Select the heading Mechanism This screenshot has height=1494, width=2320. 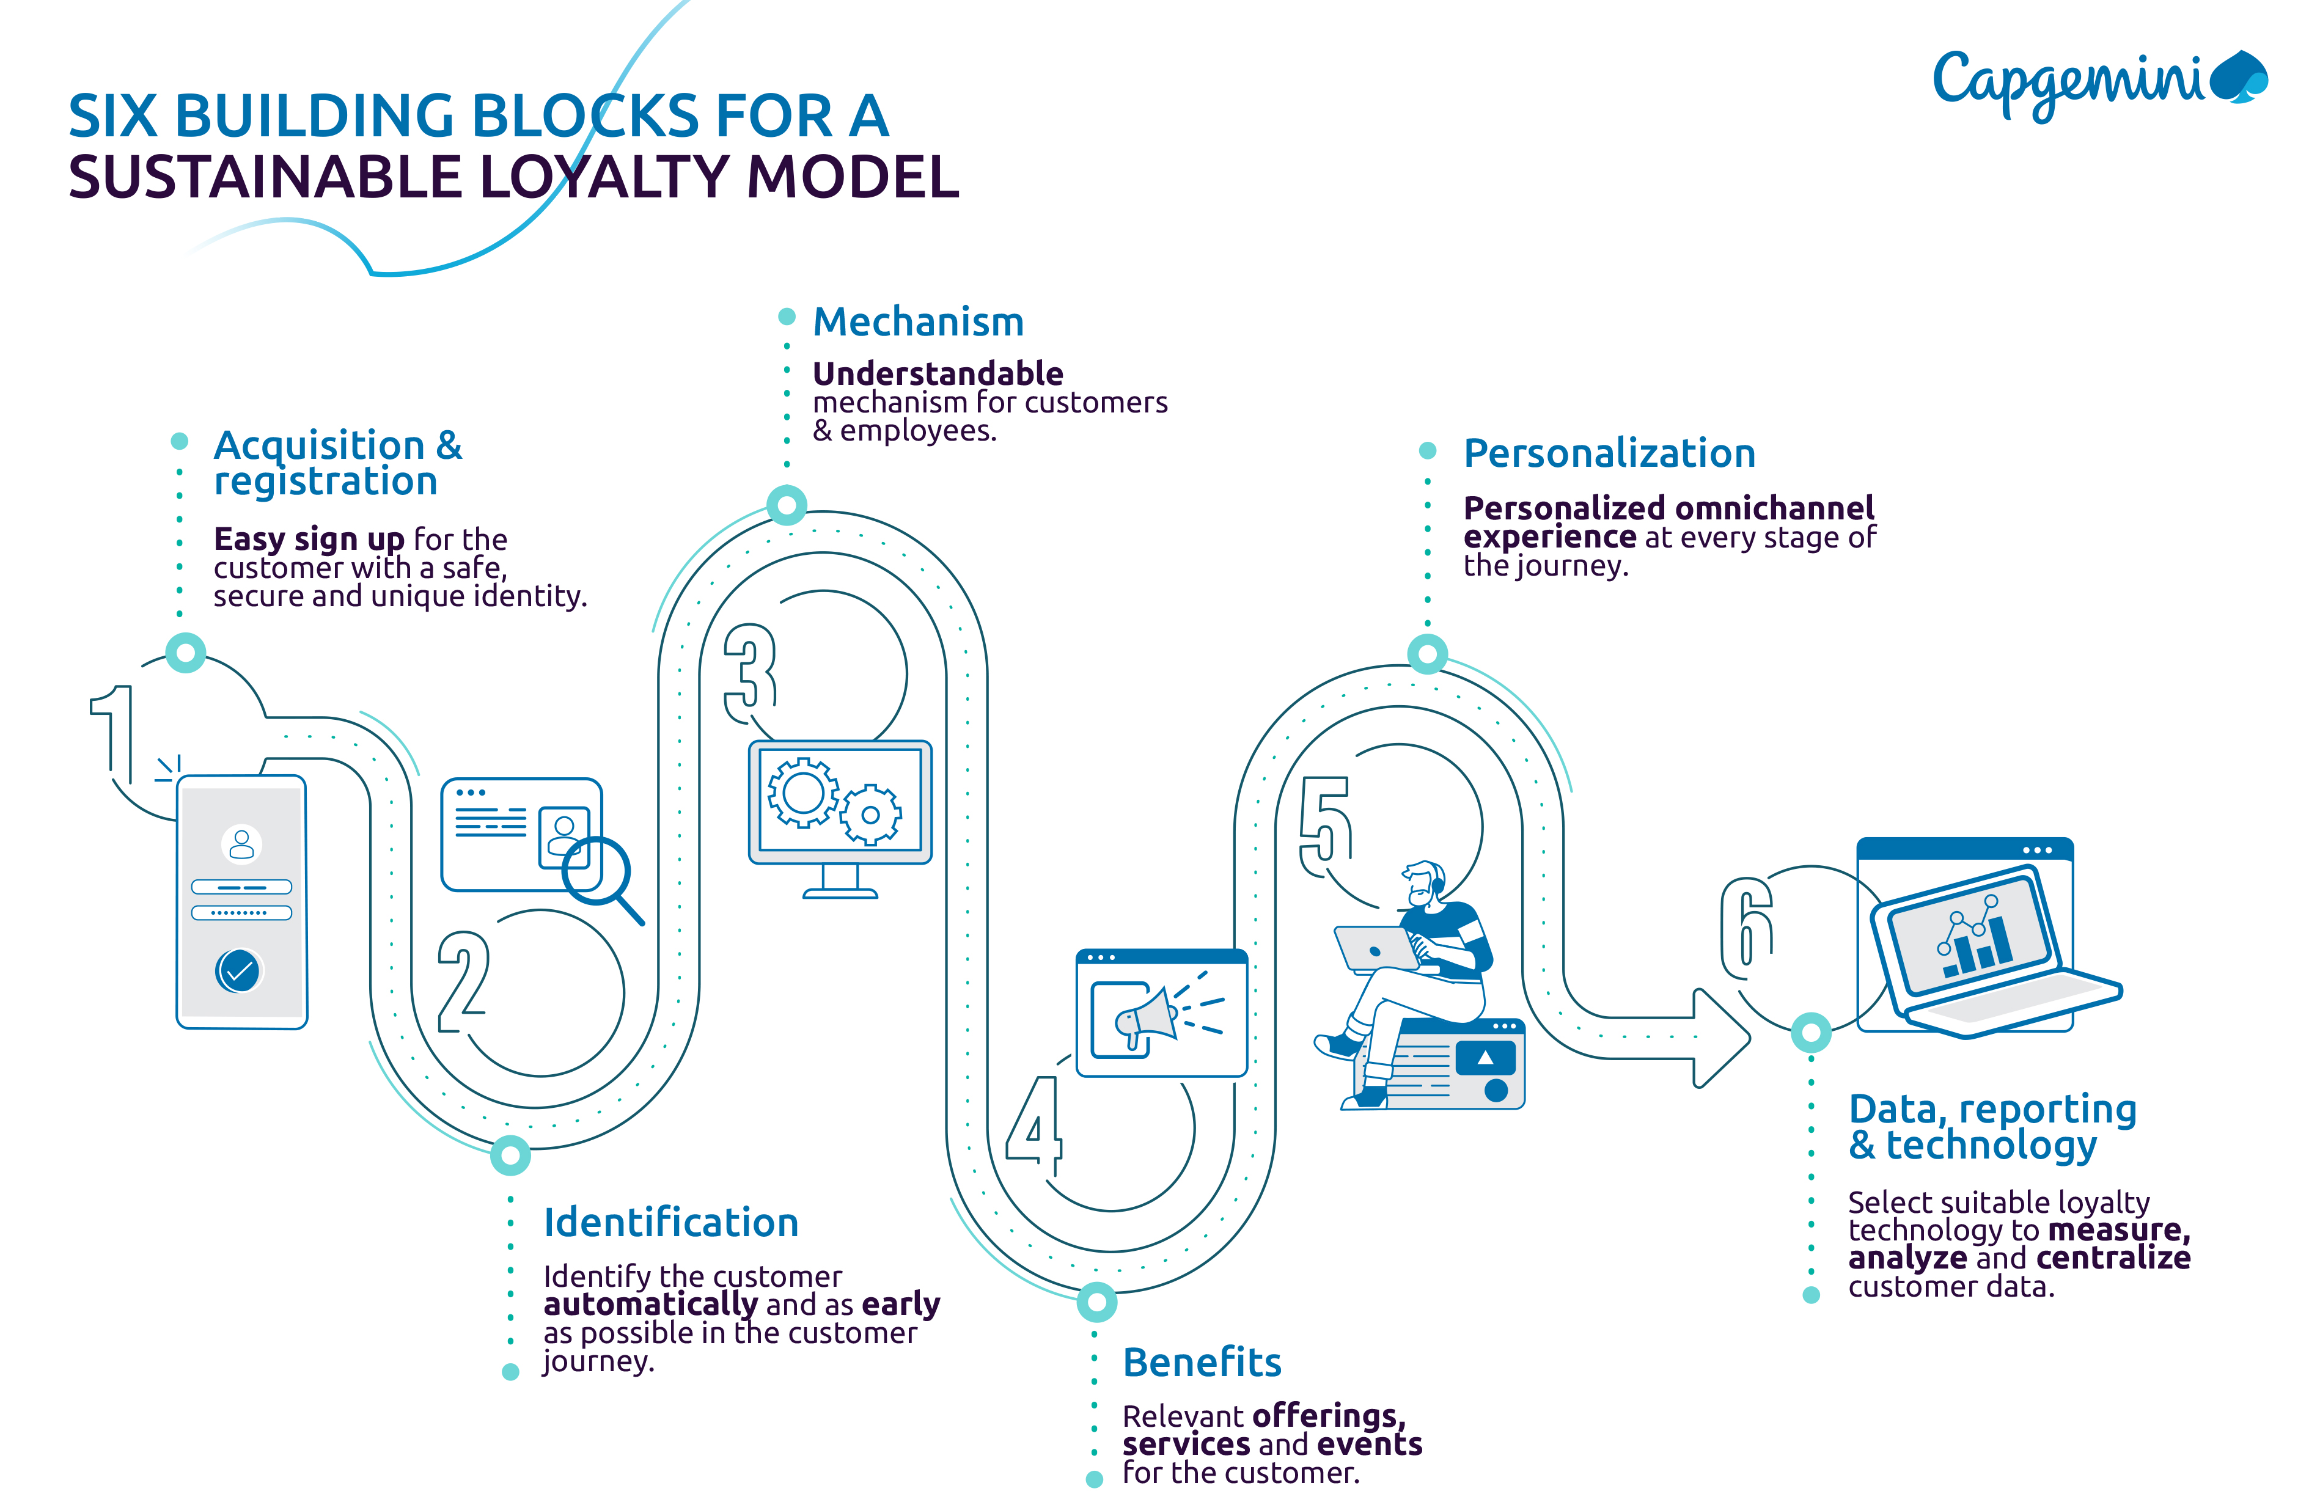[918, 322]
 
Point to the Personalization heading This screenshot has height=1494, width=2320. [1609, 453]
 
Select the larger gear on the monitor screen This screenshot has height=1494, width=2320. [802, 793]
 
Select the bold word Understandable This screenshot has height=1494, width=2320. [938, 373]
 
